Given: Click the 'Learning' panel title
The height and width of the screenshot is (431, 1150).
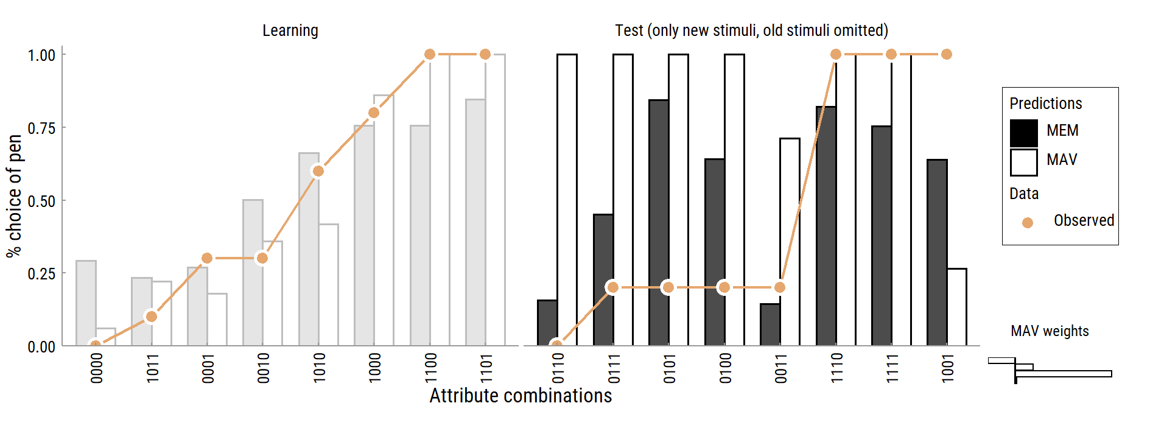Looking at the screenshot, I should (290, 30).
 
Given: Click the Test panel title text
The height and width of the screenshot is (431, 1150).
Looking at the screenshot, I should (751, 30).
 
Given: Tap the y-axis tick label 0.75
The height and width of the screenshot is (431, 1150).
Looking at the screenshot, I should (41, 128).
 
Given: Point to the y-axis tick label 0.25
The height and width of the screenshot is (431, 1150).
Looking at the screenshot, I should (41, 274).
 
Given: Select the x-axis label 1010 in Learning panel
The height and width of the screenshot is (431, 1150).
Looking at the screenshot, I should (318, 368).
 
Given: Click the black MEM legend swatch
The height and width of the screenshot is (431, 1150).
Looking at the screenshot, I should (1023, 133).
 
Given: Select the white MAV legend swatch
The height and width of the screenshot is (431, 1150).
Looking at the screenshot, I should (1023, 162).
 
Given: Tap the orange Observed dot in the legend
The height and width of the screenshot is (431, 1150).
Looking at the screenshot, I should (1027, 223).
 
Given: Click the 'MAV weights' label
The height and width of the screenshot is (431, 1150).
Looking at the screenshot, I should (1049, 331).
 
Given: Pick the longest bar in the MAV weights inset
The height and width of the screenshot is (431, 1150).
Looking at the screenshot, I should (1063, 374).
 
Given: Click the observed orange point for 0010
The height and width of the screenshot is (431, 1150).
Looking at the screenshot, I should (262, 258).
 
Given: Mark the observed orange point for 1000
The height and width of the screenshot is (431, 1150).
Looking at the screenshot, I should (374, 113).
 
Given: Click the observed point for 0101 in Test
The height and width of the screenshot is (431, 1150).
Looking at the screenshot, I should (668, 287).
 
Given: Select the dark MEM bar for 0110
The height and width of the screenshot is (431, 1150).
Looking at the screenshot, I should (547, 323).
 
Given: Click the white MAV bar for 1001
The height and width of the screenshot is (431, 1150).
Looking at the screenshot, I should (956, 307).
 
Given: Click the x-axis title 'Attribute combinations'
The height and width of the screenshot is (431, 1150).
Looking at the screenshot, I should (521, 396).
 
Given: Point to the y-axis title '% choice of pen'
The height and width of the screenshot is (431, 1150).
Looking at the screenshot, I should (15, 196).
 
